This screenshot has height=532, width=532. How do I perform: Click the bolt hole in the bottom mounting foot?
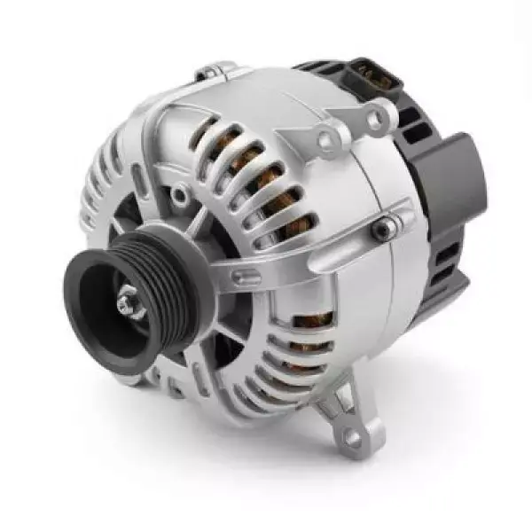point(352,437)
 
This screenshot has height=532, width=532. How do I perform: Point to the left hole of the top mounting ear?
point(334,135)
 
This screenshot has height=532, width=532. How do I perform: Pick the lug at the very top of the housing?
point(213,70)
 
